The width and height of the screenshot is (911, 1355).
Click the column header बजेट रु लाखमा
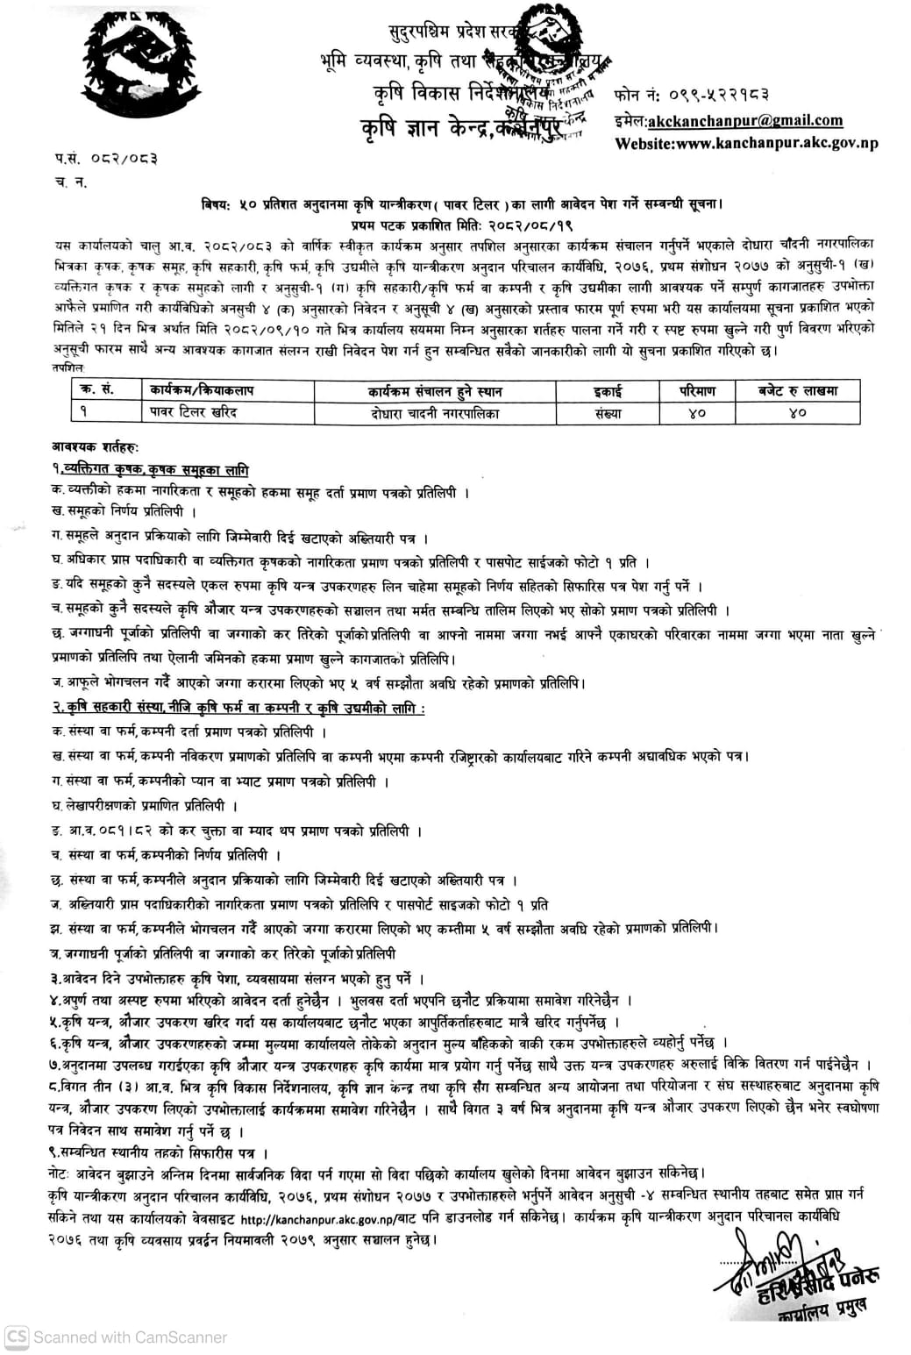tap(797, 390)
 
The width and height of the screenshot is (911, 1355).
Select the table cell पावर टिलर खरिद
tap(193, 412)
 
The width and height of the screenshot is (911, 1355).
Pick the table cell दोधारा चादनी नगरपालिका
tap(435, 413)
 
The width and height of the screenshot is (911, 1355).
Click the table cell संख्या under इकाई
tap(607, 413)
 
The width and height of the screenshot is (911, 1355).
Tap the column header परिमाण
tap(697, 390)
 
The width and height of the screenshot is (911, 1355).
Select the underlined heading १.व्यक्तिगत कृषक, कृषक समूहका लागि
tap(150, 470)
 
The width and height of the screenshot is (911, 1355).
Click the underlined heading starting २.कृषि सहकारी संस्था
tap(237, 708)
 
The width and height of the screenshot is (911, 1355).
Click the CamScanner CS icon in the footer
tap(16, 1337)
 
